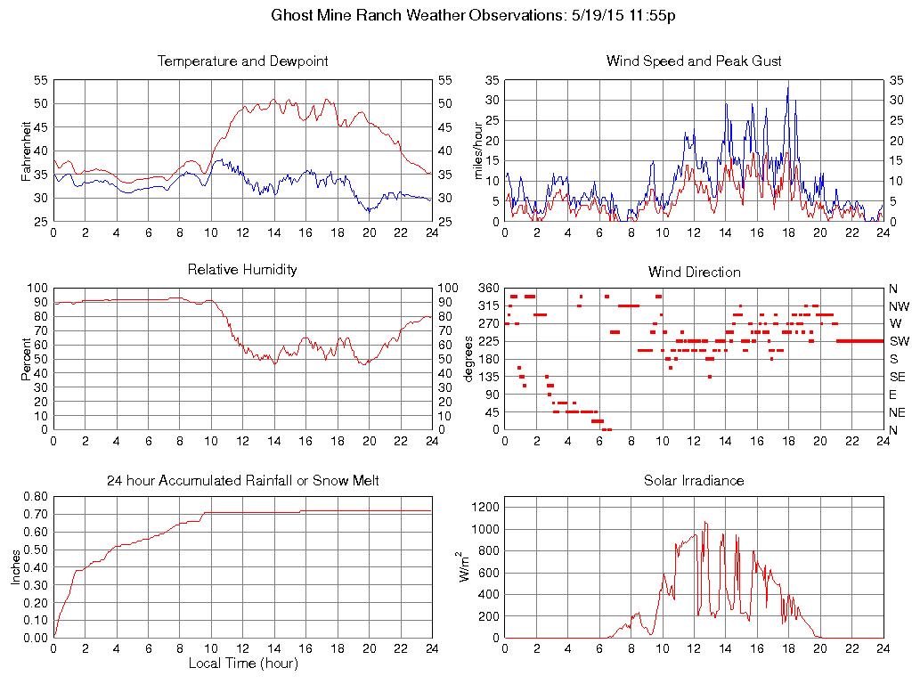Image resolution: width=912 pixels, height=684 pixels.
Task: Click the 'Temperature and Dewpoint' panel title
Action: click(x=242, y=61)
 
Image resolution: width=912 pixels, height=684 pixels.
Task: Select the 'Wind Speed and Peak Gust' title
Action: click(x=694, y=61)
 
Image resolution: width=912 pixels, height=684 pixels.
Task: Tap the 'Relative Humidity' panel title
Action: click(x=242, y=269)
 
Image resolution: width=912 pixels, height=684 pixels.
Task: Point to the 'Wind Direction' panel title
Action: click(x=694, y=272)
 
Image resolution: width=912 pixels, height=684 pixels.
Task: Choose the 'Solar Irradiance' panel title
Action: click(x=694, y=481)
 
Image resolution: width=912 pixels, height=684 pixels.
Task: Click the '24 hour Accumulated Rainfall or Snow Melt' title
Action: click(x=242, y=481)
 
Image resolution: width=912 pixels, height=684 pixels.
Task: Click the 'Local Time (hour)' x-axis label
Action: click(x=242, y=664)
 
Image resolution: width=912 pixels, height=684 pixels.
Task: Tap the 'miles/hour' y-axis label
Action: click(x=477, y=151)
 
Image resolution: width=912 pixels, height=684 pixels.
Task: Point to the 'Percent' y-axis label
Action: click(x=26, y=359)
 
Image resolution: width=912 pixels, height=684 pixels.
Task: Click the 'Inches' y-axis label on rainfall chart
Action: click(x=16, y=567)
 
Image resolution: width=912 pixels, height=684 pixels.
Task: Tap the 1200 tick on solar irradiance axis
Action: click(x=486, y=507)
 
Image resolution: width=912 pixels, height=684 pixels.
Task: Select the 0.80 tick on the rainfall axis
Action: click(x=34, y=497)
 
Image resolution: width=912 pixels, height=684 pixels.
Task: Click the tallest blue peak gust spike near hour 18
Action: click(x=787, y=86)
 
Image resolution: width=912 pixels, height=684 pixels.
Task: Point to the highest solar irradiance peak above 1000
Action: click(x=705, y=523)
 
